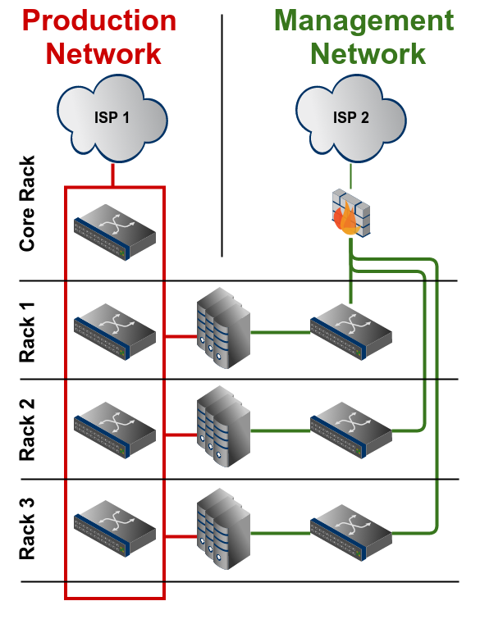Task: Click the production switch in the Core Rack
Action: (x=115, y=233)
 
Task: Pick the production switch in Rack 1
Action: (x=115, y=332)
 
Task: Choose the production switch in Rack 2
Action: (x=115, y=429)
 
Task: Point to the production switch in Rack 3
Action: (x=115, y=527)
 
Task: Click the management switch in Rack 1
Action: (x=351, y=332)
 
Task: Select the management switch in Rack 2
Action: (x=351, y=429)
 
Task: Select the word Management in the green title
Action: (x=364, y=20)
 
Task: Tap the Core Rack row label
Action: (x=28, y=203)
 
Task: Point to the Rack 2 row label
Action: (x=28, y=430)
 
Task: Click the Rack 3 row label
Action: (x=28, y=527)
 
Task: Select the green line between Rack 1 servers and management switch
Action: (x=279, y=332)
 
